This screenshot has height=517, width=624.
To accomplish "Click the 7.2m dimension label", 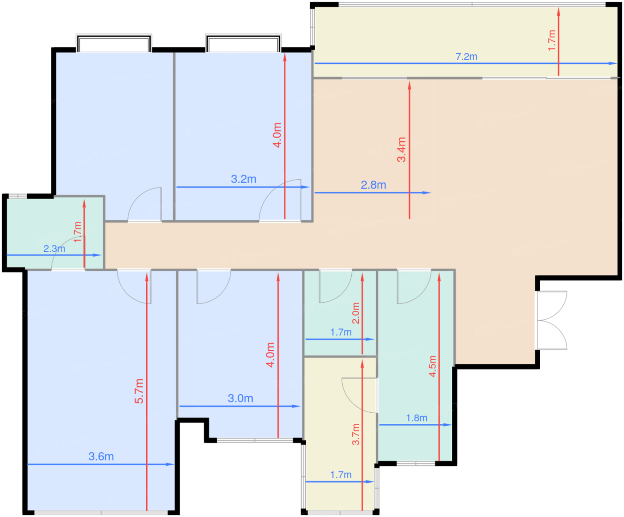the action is click(466, 57).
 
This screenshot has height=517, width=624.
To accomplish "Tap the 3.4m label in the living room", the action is click(401, 149).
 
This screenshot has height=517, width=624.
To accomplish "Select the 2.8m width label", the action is click(373, 185).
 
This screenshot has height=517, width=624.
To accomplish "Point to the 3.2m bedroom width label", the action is click(243, 179).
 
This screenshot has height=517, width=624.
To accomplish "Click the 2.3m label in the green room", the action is click(54, 249).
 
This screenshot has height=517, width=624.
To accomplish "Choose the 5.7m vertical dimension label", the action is click(139, 391).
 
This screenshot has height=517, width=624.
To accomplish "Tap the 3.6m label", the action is click(101, 456).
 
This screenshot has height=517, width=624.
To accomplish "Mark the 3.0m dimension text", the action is click(240, 398).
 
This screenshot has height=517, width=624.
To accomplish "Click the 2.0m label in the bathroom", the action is click(356, 313).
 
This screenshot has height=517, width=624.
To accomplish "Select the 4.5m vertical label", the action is click(432, 366).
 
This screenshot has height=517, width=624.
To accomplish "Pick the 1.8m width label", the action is click(417, 418).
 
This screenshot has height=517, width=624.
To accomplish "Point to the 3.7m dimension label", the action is click(356, 434).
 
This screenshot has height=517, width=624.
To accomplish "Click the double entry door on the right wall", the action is click(552, 320).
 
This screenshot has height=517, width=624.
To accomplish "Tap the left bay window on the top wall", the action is click(114, 43).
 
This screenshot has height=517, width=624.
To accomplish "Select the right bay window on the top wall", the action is click(243, 43).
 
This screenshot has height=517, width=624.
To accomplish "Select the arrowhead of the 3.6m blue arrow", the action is click(170, 464).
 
